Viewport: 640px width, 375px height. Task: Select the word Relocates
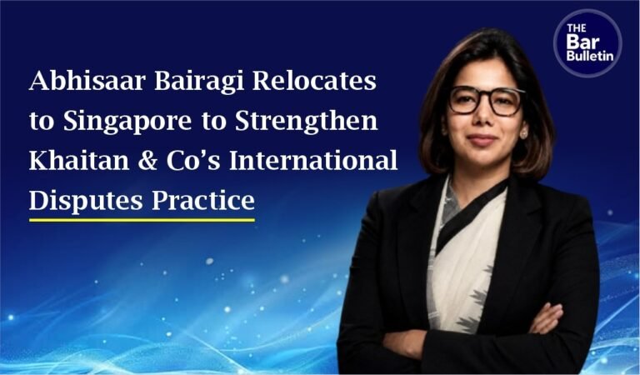(314, 80)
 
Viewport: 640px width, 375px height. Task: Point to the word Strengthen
(307, 122)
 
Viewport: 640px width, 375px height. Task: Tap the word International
(313, 160)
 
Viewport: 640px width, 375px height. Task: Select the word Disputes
(86, 202)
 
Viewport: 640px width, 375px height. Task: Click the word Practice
(203, 200)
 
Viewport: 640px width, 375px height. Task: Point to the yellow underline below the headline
(142, 220)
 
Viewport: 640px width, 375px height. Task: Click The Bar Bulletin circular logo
(587, 43)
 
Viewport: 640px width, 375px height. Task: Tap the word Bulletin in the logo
(590, 56)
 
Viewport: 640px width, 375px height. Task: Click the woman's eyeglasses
(486, 100)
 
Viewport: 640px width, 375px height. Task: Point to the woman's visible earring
(523, 133)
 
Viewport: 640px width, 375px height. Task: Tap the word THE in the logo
(577, 28)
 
